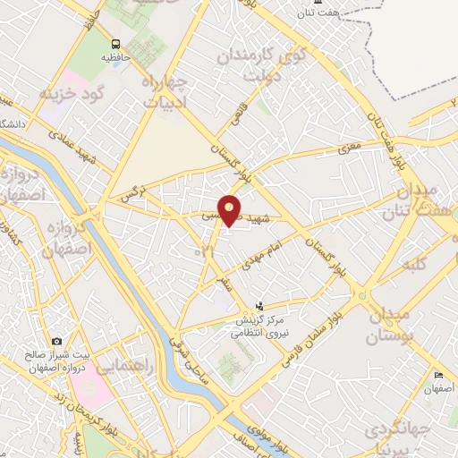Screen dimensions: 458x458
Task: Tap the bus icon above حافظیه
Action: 115,44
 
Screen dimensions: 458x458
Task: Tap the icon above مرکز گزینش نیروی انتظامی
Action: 260,306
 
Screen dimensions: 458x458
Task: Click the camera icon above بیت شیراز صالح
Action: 58,341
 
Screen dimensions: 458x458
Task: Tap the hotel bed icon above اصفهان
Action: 438,376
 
